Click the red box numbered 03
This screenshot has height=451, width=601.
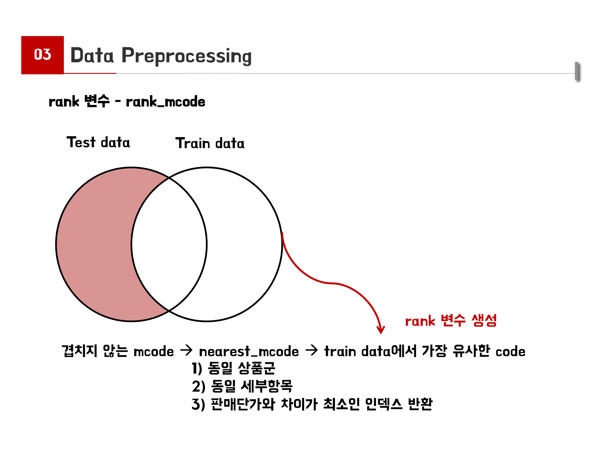tap(42, 55)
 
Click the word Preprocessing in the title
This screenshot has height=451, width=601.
tap(186, 56)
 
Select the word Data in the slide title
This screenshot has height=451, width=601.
tap(92, 55)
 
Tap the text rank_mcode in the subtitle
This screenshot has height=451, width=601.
tap(166, 102)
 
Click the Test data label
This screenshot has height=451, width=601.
tap(98, 142)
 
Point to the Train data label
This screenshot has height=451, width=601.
tap(210, 143)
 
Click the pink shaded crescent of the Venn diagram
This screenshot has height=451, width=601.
tap(96, 244)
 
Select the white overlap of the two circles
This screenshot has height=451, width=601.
tap(169, 244)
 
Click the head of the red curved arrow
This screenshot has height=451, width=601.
tap(381, 331)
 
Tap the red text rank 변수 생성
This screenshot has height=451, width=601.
tap(451, 321)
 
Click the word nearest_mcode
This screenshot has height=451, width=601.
tap(249, 351)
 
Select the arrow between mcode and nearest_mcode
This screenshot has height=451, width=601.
tap(186, 350)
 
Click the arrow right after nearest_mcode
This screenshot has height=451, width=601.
tap(312, 350)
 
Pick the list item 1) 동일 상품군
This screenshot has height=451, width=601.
tap(233, 368)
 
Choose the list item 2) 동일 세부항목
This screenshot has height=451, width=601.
tap(242, 386)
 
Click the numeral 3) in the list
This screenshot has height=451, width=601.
tap(198, 404)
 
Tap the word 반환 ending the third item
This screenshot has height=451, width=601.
tap(420, 404)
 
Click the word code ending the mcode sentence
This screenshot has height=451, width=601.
tap(510, 351)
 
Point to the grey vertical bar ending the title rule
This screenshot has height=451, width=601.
tap(577, 71)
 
